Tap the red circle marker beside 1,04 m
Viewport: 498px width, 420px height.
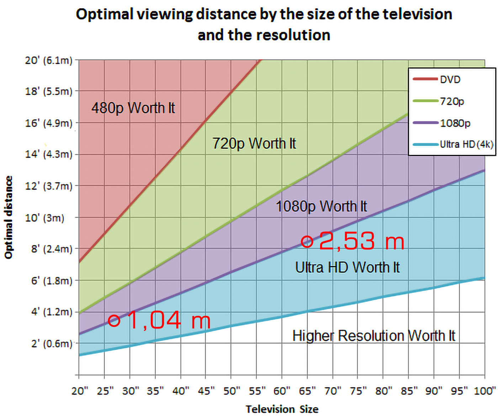click(x=114, y=321)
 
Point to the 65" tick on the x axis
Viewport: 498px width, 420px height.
click(x=307, y=391)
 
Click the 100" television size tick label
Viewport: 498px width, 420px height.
click(x=484, y=391)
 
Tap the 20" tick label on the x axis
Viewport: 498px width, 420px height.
click(x=79, y=391)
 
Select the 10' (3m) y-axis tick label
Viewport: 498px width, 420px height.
click(x=44, y=218)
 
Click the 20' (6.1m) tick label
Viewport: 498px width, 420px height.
click(x=48, y=61)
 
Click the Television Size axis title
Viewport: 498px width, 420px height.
click(x=282, y=409)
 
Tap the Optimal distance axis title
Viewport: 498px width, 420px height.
click(x=9, y=217)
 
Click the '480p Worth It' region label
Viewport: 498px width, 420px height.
click(x=133, y=108)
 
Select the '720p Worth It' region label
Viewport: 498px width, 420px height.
click(x=254, y=143)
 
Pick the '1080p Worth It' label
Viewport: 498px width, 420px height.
click(x=321, y=206)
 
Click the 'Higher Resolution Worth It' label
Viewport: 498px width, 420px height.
click(x=373, y=336)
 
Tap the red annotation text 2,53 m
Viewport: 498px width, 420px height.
click(x=361, y=241)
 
